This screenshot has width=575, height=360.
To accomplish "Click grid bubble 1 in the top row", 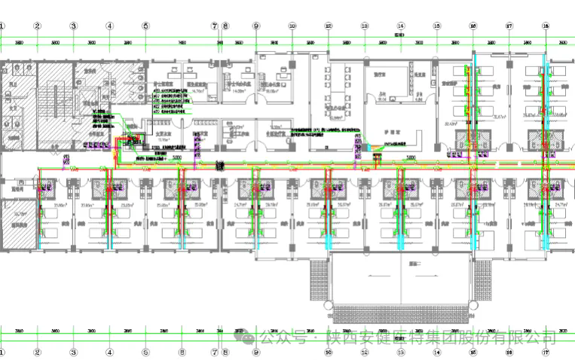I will point(2,26).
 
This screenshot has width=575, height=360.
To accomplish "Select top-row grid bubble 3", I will point(74,26).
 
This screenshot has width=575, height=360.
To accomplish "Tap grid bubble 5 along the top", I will point(145,26).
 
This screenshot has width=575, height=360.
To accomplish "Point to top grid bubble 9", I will point(256,26).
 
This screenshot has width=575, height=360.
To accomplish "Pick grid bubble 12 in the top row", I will point(329,26).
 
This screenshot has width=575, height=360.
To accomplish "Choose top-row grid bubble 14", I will point(401,26).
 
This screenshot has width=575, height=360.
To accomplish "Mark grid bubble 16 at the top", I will point(473,26).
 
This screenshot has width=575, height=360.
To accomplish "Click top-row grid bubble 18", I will point(545,26).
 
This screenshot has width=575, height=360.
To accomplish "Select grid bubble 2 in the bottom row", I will point(37,351).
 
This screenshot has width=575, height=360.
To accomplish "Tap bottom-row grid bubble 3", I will point(74,351).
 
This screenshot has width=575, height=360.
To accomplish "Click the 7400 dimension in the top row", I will point(182,43).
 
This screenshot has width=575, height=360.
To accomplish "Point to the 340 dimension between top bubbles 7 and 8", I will point(219,43).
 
